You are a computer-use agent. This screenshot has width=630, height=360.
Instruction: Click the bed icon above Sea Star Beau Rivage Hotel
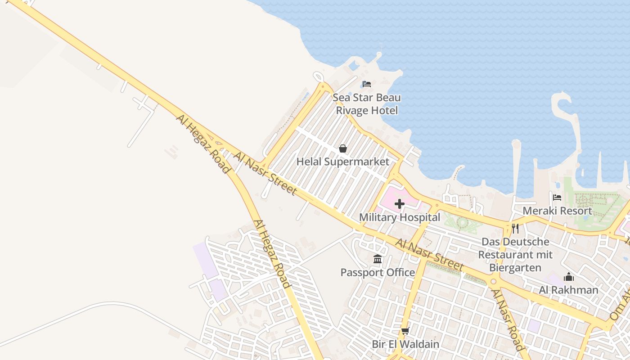pyautogui.click(x=367, y=84)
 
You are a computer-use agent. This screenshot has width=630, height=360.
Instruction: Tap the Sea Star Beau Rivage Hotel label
pyautogui.click(x=367, y=104)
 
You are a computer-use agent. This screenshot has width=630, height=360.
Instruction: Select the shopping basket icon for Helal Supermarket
pyautogui.click(x=343, y=148)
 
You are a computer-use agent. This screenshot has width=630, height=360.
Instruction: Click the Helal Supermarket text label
pyautogui.click(x=343, y=162)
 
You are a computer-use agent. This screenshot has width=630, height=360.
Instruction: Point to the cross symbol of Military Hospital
pyautogui.click(x=399, y=204)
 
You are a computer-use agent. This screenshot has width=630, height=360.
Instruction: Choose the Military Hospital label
pyautogui.click(x=400, y=217)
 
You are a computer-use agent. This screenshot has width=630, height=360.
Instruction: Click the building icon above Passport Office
pyautogui.click(x=378, y=259)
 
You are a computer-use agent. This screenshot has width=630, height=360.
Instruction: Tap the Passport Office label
pyautogui.click(x=378, y=272)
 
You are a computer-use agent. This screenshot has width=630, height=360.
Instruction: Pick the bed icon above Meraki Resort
pyautogui.click(x=557, y=198)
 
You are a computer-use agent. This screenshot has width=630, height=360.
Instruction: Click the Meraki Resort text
pyautogui.click(x=557, y=211)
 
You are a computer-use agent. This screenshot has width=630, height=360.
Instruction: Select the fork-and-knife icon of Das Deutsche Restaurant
pyautogui.click(x=515, y=229)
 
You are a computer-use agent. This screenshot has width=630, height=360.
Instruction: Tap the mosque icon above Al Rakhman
pyautogui.click(x=569, y=277)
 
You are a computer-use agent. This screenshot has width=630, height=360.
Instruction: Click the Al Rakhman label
pyautogui.click(x=569, y=290)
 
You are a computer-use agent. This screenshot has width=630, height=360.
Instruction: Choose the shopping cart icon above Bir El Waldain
pyautogui.click(x=405, y=331)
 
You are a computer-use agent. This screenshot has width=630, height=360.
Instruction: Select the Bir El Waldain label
pyautogui.click(x=405, y=344)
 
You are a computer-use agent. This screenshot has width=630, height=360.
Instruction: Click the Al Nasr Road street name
pyautogui.click(x=508, y=319)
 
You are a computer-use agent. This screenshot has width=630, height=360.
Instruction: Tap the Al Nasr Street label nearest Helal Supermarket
pyautogui.click(x=265, y=174)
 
